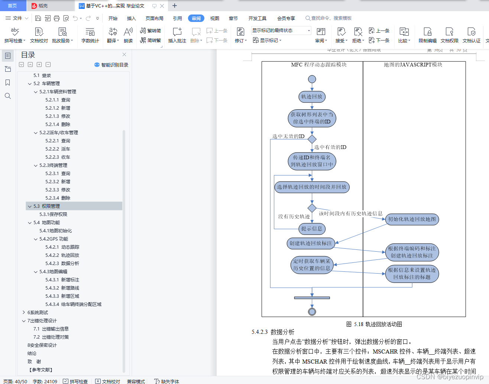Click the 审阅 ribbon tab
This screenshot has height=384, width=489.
tap(196, 18)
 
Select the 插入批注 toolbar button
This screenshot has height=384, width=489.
tap(177, 35)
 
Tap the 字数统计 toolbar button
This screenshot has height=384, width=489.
tap(90, 35)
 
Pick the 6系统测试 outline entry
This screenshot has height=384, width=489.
tap(38, 312)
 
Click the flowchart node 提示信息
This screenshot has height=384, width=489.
tap(311, 229)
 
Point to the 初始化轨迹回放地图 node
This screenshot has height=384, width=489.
tap(412, 219)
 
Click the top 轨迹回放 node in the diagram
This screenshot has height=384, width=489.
tap(312, 97)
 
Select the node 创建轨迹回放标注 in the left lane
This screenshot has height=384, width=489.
tap(311, 243)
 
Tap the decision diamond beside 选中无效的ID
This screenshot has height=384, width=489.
tap(312, 139)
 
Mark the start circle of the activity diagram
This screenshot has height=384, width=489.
tap(312, 79)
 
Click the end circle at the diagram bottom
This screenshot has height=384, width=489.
tap(312, 312)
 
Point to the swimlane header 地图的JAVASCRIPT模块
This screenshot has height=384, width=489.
tap(413, 65)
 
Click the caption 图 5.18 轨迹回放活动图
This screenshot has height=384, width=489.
tap(374, 324)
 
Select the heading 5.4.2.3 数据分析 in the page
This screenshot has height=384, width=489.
tap(273, 332)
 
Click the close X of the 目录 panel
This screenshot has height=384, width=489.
tap(124, 55)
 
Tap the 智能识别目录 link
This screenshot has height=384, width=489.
tap(111, 65)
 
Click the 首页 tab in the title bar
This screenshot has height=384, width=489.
tap(12, 6)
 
